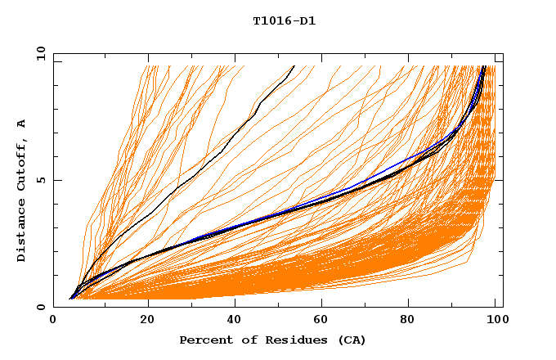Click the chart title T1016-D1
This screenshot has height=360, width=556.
(x=284, y=20)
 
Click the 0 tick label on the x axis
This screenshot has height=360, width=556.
(x=53, y=321)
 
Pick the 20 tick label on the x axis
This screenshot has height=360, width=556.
(x=147, y=321)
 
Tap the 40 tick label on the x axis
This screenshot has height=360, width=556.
(x=235, y=321)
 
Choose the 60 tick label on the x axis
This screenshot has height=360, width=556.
(x=323, y=321)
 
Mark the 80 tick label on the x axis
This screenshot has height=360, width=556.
(x=411, y=321)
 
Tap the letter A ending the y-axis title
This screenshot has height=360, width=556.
(x=21, y=124)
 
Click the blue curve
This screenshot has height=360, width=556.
(x=384, y=173)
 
